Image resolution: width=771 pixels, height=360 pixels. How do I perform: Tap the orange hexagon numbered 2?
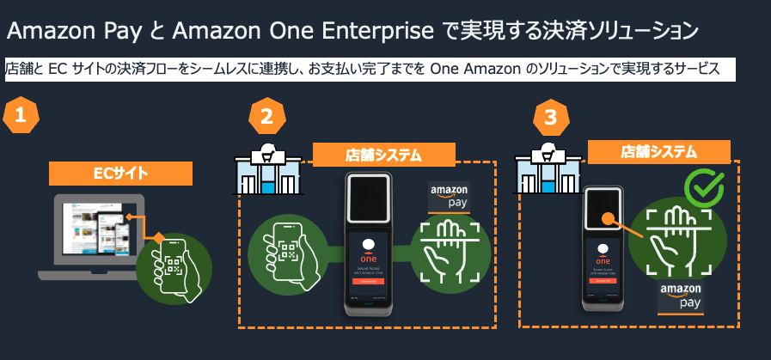pos(266,117)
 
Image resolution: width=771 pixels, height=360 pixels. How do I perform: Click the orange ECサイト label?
pos(120,174)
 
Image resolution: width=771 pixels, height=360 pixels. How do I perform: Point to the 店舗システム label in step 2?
pos(383,156)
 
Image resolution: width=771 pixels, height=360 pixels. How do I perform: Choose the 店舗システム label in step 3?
pos(658,151)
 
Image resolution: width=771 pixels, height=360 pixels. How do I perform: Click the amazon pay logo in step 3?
pos(681,295)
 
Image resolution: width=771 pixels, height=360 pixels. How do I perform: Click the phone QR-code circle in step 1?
pos(174,263)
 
